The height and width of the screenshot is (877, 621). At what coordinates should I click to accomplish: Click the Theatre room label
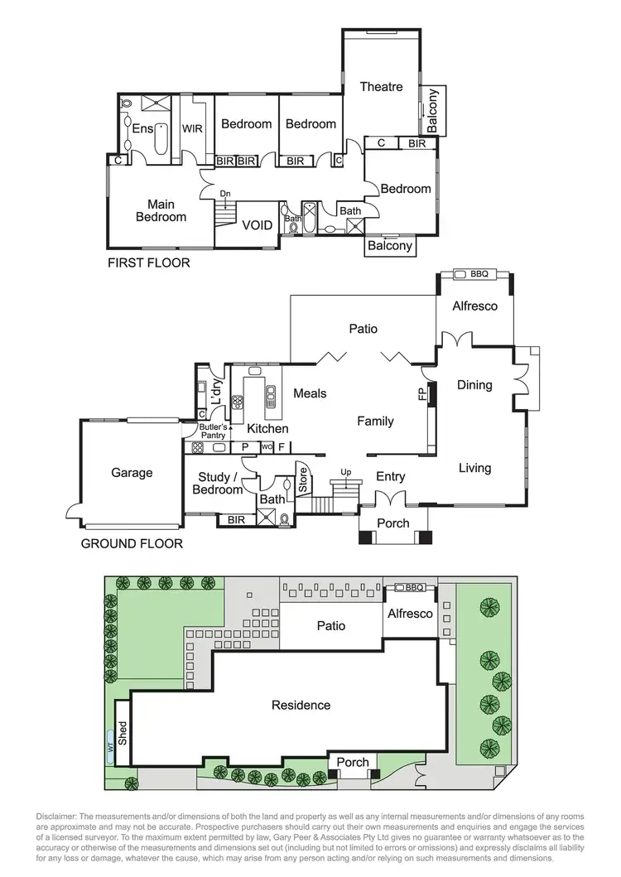coord(381,87)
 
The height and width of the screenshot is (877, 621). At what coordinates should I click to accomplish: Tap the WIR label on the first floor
coord(193,129)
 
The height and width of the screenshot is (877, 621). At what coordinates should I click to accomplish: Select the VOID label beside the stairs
coord(257,224)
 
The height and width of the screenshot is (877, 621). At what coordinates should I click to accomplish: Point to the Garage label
coord(132,473)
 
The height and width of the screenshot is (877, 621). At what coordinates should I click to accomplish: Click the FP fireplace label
coord(423,395)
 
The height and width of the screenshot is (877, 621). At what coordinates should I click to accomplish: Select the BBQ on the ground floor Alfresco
coord(479,274)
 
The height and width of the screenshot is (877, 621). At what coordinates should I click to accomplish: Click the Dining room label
coord(474,385)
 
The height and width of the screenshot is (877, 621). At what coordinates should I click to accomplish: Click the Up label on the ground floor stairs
coord(347,471)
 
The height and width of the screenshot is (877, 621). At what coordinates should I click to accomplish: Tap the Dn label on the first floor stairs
coord(225,195)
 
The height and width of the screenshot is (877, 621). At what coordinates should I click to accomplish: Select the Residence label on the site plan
coord(301,706)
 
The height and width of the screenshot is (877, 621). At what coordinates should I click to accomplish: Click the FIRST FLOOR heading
coord(149,263)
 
